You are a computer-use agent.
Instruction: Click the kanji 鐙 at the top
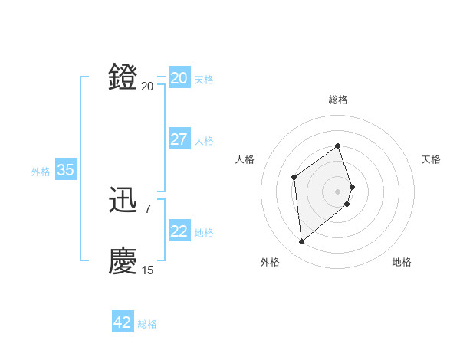[x=123, y=77]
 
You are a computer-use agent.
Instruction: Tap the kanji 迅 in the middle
[x=123, y=201]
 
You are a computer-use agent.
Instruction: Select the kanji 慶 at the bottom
[x=123, y=261]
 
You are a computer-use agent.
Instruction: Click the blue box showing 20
[x=179, y=78]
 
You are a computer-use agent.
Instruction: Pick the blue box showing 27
[x=179, y=139]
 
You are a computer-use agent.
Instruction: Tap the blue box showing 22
[x=179, y=231]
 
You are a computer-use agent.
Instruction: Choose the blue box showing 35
[x=65, y=170]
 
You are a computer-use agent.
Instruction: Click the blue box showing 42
[x=122, y=322]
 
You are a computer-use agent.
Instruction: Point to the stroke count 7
[x=147, y=208]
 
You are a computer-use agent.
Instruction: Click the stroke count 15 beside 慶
[x=147, y=270]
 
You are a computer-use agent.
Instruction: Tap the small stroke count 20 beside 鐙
[x=147, y=86]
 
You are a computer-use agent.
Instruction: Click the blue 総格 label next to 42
[x=147, y=324]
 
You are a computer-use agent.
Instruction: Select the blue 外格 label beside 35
[x=41, y=172]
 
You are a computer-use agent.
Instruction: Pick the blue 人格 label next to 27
[x=204, y=141]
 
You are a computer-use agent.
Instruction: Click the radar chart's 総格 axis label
[x=338, y=100]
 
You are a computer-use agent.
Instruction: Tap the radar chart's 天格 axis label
[x=431, y=159]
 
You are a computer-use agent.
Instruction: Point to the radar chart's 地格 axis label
[x=402, y=262]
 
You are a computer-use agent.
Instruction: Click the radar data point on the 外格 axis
[x=302, y=242]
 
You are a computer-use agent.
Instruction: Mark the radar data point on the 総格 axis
[x=338, y=146]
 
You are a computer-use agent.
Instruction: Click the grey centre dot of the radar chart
[x=338, y=191]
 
